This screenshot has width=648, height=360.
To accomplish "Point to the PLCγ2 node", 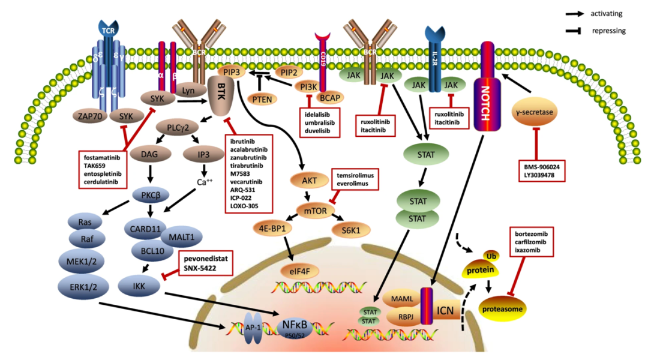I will tap(178, 128).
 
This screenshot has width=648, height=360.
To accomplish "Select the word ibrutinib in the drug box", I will tap(244, 140).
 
